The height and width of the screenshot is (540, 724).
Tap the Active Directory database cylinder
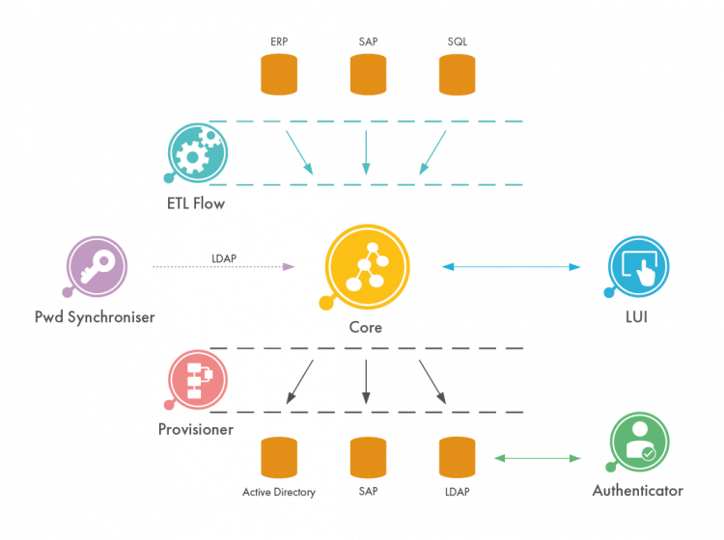pyautogui.click(x=278, y=457)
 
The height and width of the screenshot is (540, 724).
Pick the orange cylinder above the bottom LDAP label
pyautogui.click(x=457, y=457)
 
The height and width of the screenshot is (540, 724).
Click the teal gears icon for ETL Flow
pyautogui.click(x=197, y=152)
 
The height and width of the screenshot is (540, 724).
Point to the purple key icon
pyautogui.click(x=97, y=266)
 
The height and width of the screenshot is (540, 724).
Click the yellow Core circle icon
pyautogui.click(x=367, y=265)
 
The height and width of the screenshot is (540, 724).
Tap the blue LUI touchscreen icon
pyautogui.click(x=638, y=265)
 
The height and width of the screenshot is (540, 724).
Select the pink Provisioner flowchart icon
pyautogui.click(x=198, y=378)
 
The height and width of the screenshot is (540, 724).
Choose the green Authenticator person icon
pyautogui.click(x=639, y=442)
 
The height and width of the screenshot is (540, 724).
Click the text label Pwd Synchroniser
pyautogui.click(x=95, y=316)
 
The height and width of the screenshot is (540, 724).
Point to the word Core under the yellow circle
pyautogui.click(x=366, y=328)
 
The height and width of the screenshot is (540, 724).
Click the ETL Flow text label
pyautogui.click(x=196, y=203)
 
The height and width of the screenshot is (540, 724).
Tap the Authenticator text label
pyautogui.click(x=637, y=491)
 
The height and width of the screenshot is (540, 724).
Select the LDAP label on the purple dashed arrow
pyautogui.click(x=224, y=257)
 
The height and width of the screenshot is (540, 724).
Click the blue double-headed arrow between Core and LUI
pyautogui.click(x=512, y=266)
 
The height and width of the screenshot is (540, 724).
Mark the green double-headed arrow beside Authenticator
pyautogui.click(x=537, y=458)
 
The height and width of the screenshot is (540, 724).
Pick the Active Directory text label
pyautogui.click(x=278, y=492)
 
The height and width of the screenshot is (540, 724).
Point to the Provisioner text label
pyautogui.click(x=196, y=429)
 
